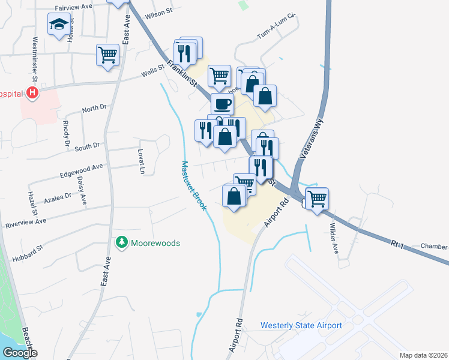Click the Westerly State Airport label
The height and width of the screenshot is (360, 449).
pos(301,326)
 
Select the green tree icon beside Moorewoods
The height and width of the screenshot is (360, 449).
pos(122,242)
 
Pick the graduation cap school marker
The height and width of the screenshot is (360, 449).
pos(59,25)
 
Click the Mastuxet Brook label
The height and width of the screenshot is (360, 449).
pos(194,186)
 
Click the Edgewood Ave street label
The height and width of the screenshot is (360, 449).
pos(81,170)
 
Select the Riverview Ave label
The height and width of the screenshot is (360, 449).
pos(25,221)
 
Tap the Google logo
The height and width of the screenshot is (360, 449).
pos(19,353)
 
